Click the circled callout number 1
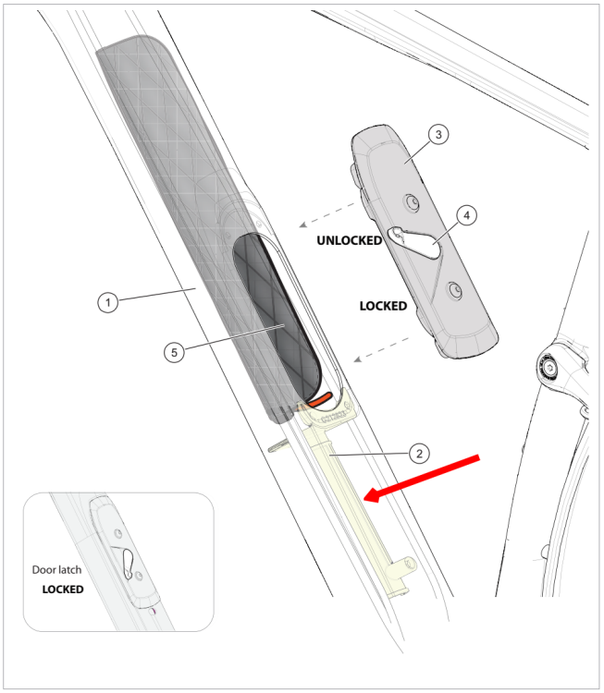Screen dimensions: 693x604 pos(108,302)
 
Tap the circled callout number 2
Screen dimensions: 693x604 pos(418,453)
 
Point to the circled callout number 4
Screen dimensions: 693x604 pos(467,215)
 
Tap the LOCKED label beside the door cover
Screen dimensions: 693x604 pos(382,306)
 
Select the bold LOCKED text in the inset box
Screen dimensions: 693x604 pos(63,589)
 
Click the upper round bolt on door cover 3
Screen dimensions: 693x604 pos(410,200)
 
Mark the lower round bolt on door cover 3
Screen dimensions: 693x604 pos(453,289)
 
